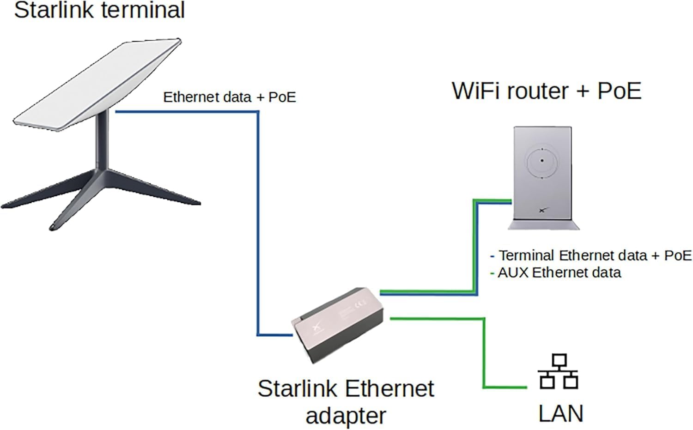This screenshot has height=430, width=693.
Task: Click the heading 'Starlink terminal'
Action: (x=99, y=10)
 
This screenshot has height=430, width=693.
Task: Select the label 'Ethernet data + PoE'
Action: (x=229, y=97)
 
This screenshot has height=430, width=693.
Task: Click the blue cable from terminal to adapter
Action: (x=258, y=222)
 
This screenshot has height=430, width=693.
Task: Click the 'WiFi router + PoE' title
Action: (x=547, y=91)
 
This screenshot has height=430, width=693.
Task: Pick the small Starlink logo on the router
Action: (x=542, y=210)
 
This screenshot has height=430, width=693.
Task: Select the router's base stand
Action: (x=543, y=225)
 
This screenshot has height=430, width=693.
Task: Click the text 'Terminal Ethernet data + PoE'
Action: (x=595, y=255)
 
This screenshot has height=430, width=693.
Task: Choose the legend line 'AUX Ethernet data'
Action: (x=559, y=273)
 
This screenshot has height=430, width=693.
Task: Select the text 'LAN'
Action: (x=560, y=413)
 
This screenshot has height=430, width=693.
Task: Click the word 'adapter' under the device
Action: (x=346, y=416)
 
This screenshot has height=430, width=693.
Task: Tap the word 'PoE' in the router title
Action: (x=619, y=91)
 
